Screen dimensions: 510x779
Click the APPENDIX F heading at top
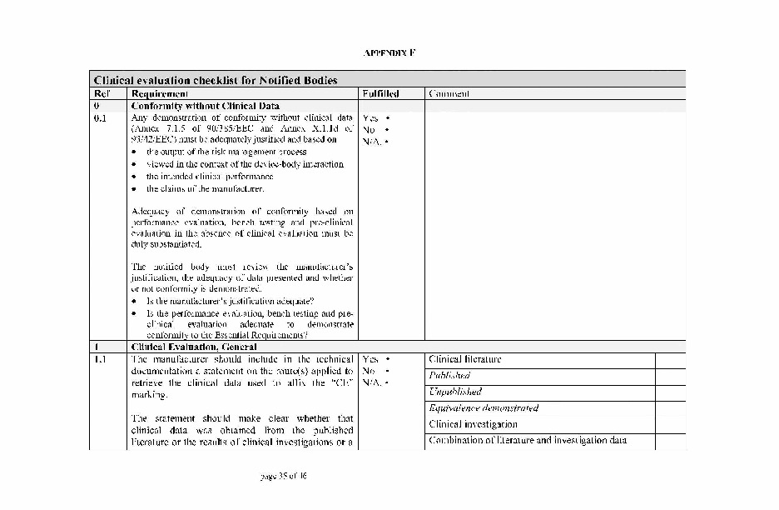tap(389, 52)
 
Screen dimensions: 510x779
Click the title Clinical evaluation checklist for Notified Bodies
tap(216, 81)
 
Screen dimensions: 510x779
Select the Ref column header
tap(101, 94)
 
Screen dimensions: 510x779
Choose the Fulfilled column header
tap(380, 94)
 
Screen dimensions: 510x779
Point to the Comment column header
tap(449, 94)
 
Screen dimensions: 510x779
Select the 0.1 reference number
tap(101, 118)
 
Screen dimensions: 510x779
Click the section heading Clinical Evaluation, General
tap(194, 347)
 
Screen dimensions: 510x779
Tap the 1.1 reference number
tap(101, 359)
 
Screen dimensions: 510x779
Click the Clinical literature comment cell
tap(465, 359)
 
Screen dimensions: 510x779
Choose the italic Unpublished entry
tap(455, 392)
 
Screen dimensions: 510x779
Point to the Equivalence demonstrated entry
tap(484, 408)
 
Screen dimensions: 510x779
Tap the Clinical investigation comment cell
tap(473, 424)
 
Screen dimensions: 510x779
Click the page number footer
tap(284, 477)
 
